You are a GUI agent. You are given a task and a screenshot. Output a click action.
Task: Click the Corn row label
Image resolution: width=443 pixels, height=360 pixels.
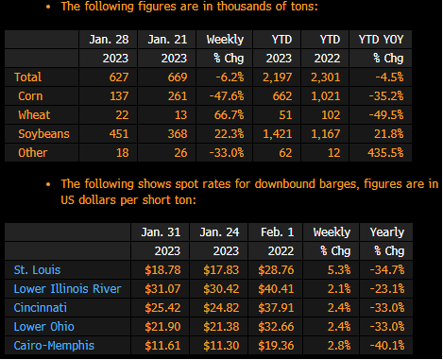click(x=30, y=96)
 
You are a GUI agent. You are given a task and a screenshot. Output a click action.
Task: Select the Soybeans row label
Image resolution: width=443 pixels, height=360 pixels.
click(x=43, y=134)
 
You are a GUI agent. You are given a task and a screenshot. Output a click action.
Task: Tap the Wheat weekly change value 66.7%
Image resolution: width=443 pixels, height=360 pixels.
click(x=229, y=115)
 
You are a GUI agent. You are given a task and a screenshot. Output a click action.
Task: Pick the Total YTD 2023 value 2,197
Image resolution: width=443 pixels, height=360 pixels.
click(x=278, y=77)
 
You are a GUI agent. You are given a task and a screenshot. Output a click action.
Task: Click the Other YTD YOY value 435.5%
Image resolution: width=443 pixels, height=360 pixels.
click(x=385, y=153)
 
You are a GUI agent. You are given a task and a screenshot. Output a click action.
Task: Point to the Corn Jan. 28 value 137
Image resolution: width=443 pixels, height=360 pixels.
click(x=119, y=96)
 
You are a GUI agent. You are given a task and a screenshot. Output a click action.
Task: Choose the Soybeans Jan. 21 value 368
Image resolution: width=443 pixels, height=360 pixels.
click(x=178, y=134)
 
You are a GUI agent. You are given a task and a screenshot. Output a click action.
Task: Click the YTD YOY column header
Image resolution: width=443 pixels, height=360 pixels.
click(x=381, y=40)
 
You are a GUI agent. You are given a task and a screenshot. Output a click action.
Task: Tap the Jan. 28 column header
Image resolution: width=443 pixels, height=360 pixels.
click(x=109, y=40)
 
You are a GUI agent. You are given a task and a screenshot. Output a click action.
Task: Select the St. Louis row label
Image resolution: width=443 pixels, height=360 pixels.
click(x=37, y=270)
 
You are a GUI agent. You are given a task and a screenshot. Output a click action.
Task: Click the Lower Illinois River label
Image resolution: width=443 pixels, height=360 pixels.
click(x=67, y=289)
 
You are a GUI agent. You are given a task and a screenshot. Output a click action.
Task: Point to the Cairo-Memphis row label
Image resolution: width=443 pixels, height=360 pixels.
click(x=54, y=346)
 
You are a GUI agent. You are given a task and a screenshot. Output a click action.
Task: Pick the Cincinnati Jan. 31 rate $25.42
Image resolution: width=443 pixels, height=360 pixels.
click(x=162, y=308)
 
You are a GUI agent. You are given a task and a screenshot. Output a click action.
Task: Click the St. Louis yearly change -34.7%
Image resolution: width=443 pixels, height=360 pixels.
click(x=387, y=270)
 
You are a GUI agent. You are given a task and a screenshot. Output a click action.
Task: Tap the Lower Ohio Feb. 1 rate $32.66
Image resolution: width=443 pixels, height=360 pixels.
click(x=276, y=327)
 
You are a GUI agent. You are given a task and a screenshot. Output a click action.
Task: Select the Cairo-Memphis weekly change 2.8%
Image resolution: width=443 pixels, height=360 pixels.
click(x=339, y=346)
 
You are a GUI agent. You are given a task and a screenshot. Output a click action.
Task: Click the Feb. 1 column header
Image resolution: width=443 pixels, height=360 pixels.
click(x=278, y=232)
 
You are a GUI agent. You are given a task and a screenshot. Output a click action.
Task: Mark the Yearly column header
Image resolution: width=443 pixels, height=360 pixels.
click(x=387, y=232)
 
